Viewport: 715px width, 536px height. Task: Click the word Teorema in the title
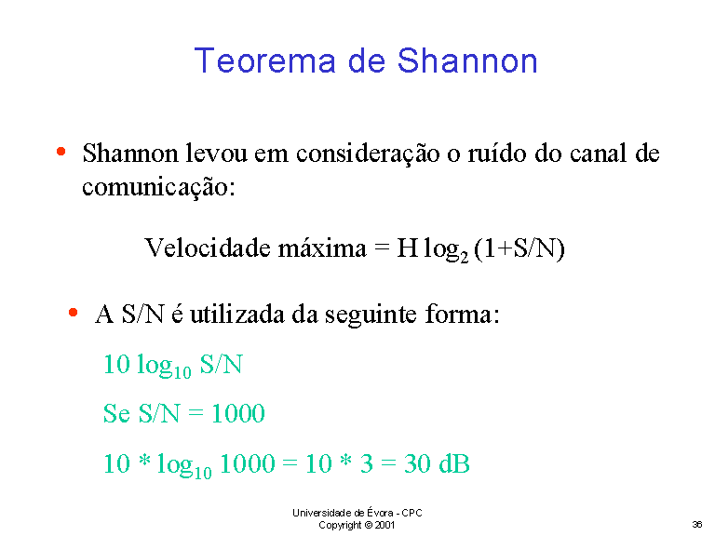click(x=265, y=60)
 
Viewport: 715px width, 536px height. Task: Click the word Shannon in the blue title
click(x=467, y=60)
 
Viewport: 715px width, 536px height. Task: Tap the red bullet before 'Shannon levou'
click(x=61, y=152)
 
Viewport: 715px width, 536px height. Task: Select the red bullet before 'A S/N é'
click(x=73, y=313)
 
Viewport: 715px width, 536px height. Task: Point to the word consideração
click(x=368, y=154)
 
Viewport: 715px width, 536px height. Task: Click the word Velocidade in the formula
click(x=208, y=248)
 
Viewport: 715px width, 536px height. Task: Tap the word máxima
click(x=322, y=248)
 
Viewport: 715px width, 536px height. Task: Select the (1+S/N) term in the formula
click(x=519, y=248)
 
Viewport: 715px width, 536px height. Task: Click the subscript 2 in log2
click(x=465, y=258)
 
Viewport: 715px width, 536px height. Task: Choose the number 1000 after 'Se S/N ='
click(x=238, y=413)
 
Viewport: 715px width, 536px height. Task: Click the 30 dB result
click(x=437, y=463)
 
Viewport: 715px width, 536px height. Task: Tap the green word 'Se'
click(x=116, y=413)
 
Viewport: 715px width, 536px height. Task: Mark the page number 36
click(x=696, y=524)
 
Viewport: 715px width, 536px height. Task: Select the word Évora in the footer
click(x=380, y=513)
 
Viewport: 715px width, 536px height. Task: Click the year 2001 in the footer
click(x=384, y=525)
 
